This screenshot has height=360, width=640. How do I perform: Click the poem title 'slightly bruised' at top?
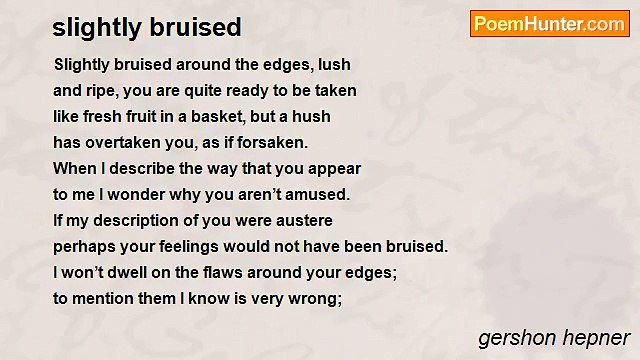click(x=147, y=26)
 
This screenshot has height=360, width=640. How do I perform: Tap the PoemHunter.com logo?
click(x=549, y=25)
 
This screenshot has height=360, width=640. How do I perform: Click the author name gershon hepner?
click(x=554, y=336)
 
